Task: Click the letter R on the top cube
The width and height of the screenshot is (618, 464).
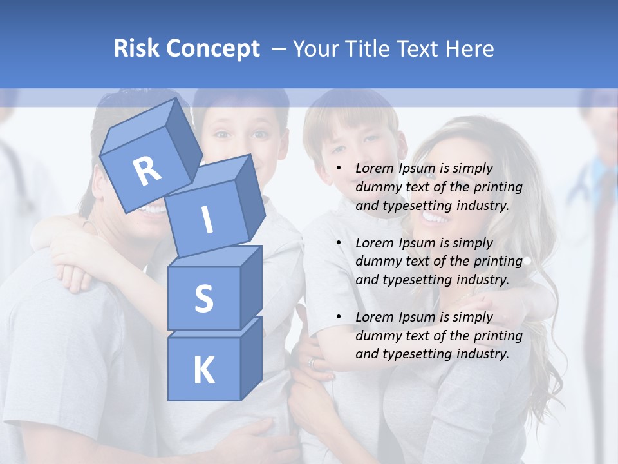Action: click(147, 171)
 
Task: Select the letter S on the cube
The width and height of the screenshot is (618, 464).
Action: click(203, 298)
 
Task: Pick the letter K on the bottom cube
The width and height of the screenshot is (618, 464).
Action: click(203, 371)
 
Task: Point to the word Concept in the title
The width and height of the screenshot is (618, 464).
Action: click(212, 49)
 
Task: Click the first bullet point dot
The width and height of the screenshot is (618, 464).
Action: click(338, 169)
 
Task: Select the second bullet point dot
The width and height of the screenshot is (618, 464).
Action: click(338, 243)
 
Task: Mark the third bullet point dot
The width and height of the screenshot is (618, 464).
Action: click(338, 317)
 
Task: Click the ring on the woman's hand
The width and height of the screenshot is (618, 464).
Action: click(312, 363)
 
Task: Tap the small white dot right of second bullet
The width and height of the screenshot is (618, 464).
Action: click(527, 261)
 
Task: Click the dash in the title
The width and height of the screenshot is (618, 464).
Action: click(279, 48)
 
